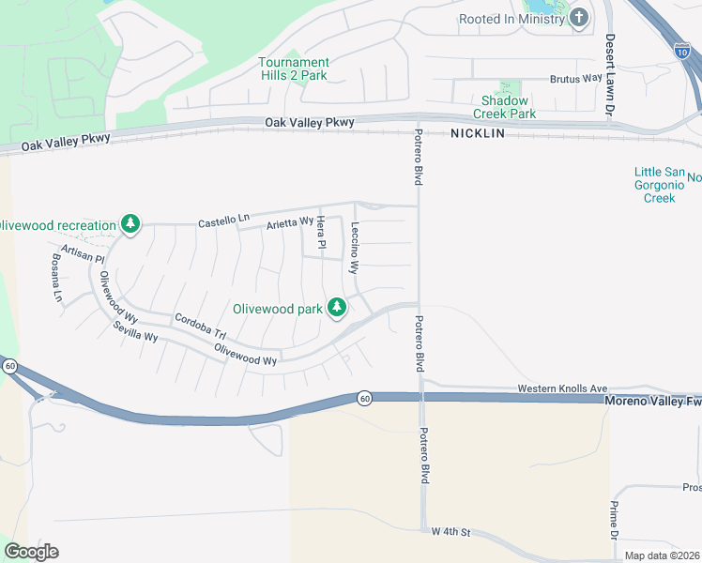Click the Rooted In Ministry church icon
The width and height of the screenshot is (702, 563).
pos(579,17)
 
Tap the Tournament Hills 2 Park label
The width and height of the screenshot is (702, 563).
pos(294,68)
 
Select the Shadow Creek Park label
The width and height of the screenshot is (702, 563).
pos(509,107)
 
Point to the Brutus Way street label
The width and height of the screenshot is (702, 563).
pos(574,79)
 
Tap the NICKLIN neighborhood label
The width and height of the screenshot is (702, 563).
pos(477,133)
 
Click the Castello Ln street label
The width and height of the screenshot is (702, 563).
pos(223,221)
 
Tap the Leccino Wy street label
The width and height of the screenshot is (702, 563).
pos(355,247)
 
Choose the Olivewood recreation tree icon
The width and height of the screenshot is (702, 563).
pos(131,224)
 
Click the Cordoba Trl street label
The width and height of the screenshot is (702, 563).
pos(200,327)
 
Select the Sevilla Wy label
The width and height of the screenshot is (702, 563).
pos(135,329)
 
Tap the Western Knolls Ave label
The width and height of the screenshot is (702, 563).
pos(563,388)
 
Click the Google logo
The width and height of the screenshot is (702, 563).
pos(31,552)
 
